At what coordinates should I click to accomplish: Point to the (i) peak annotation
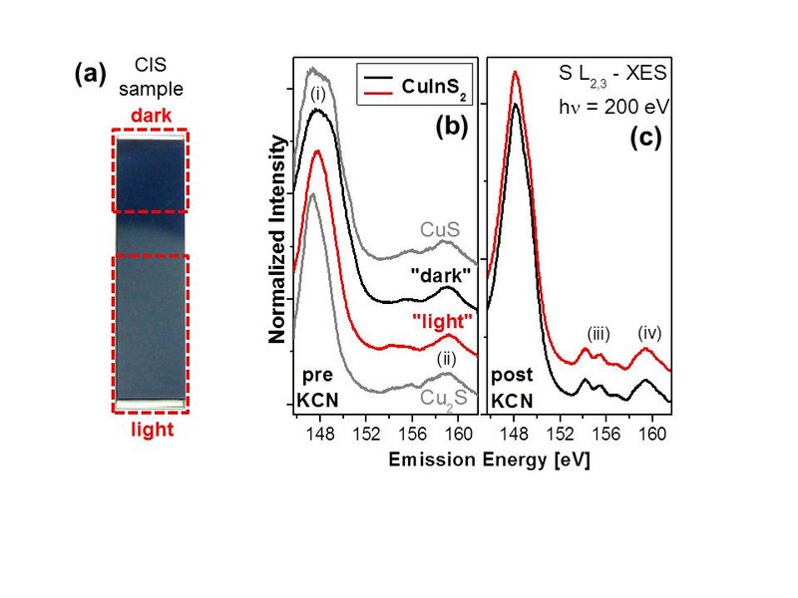(x=319, y=97)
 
